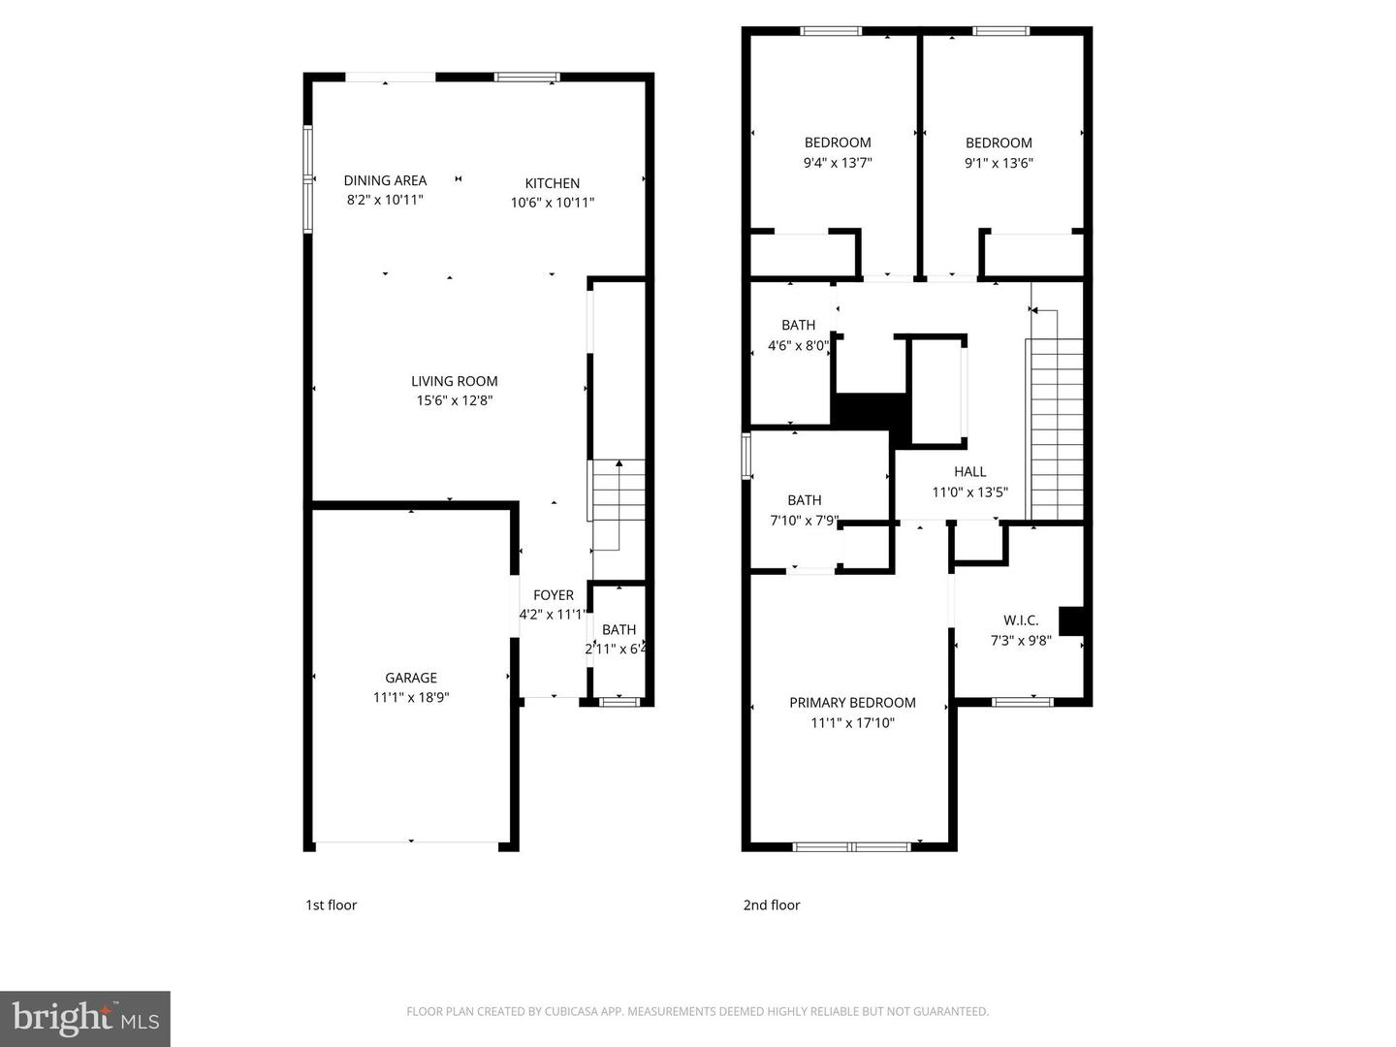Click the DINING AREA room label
(x=385, y=180)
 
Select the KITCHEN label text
(x=552, y=183)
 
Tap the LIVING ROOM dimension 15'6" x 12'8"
(x=455, y=400)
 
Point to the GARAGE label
(x=411, y=678)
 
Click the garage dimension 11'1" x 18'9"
(x=411, y=697)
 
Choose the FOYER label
(x=554, y=595)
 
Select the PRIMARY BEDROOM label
(x=852, y=703)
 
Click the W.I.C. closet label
(x=1021, y=620)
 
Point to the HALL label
(x=969, y=472)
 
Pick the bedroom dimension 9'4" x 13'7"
(x=838, y=163)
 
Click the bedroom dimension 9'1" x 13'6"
(x=999, y=163)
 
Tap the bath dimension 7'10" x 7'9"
(x=804, y=521)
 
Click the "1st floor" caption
(x=332, y=905)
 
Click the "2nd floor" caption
(x=772, y=905)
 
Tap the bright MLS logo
(x=85, y=1019)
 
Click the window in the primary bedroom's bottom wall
(x=851, y=846)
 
